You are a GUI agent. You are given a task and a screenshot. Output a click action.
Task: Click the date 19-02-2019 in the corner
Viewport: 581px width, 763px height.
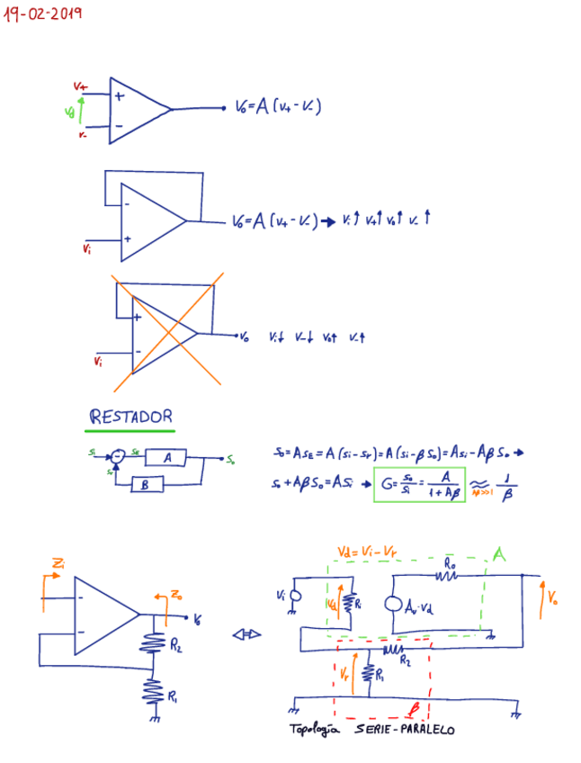(x=43, y=14)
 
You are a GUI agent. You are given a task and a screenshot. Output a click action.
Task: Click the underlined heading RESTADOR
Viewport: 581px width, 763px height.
(x=130, y=417)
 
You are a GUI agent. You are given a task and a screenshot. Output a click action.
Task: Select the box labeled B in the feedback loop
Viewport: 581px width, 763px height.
(x=145, y=485)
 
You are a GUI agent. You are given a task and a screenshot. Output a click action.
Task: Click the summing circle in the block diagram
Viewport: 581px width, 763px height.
(x=117, y=457)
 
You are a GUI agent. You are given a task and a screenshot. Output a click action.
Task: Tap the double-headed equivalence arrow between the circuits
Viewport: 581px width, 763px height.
(x=245, y=634)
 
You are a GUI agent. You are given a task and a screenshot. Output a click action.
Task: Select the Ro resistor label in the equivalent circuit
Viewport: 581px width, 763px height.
(x=449, y=564)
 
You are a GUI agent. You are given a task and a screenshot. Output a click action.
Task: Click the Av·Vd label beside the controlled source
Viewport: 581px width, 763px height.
(x=430, y=604)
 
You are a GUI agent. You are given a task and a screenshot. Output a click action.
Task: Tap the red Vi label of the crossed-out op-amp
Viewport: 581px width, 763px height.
(x=98, y=362)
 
